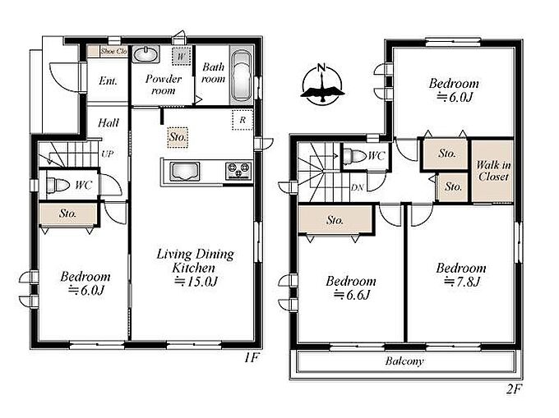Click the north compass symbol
click(322, 85)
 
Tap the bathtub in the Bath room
click(242, 76)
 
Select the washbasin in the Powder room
click(146, 54)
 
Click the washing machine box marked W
click(181, 56)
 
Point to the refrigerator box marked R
click(243, 120)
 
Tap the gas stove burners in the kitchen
click(238, 170)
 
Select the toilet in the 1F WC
click(58, 185)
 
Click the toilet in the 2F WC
click(355, 156)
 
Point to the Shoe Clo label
click(113, 51)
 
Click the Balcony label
click(404, 361)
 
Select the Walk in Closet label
click(493, 171)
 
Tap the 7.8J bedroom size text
click(462, 282)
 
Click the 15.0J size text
click(196, 282)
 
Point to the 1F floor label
click(251, 357)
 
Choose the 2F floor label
click(513, 389)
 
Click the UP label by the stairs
click(107, 154)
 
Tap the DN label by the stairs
click(357, 187)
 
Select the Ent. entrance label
click(108, 81)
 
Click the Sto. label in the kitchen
click(178, 136)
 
